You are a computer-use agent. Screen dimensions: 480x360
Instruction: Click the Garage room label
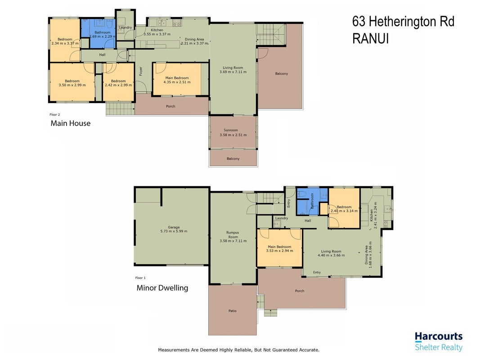tap(174, 227)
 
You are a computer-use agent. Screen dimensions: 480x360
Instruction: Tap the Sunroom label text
tap(231, 130)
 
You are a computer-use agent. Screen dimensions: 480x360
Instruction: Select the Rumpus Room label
tap(233, 235)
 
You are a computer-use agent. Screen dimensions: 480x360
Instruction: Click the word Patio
tap(232, 310)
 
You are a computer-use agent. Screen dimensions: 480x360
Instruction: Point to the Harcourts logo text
tap(439, 337)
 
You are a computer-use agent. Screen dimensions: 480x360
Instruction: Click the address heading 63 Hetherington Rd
tap(403, 22)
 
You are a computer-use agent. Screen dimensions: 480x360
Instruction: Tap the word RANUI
tap(370, 39)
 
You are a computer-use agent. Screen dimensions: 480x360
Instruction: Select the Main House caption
tap(71, 123)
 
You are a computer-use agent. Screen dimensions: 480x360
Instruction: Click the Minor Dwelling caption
tap(162, 288)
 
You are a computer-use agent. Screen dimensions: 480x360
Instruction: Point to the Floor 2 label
tap(55, 115)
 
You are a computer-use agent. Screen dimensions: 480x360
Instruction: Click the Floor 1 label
tap(140, 278)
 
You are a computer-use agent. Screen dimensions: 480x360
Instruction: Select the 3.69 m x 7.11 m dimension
tap(233, 72)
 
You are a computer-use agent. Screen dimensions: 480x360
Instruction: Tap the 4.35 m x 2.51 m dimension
tap(177, 82)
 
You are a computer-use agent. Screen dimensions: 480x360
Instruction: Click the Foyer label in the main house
tap(141, 72)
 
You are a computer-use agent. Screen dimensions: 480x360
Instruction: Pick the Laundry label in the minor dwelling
tap(281, 218)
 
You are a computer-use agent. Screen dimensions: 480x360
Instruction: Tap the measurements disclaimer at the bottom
tap(238, 350)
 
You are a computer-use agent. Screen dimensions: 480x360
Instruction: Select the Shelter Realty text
tap(439, 347)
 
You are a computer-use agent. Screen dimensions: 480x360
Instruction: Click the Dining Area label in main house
tap(194, 39)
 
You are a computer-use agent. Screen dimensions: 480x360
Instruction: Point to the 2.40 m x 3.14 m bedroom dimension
tap(344, 211)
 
